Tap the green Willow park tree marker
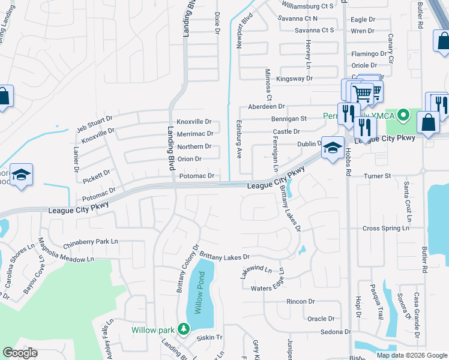click(183, 329)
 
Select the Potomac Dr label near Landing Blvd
click(197, 176)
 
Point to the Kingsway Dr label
click(294, 79)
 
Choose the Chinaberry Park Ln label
click(91, 244)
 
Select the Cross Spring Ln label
click(386, 229)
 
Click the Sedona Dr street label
click(336, 332)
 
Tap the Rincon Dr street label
click(301, 301)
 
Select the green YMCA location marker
click(405, 115)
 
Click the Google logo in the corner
click(20, 353)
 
